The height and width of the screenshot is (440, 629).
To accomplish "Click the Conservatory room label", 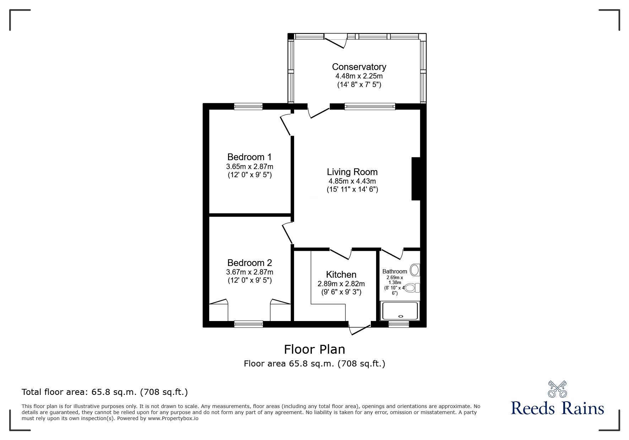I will [359, 67].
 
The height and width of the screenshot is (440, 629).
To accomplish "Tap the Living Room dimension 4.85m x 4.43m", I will [352, 181].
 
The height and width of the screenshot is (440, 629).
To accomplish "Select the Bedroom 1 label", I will [249, 157].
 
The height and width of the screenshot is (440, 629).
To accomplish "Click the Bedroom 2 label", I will [249, 263].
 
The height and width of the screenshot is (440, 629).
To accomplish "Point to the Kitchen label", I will [341, 275].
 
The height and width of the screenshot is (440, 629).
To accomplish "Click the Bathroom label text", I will [394, 271].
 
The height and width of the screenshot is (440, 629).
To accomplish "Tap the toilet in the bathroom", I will [412, 287].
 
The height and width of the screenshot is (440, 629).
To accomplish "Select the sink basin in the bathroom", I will [414, 270].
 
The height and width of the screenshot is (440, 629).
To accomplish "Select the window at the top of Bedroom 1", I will [248, 106].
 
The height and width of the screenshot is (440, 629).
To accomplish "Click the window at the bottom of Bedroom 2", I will [248, 324].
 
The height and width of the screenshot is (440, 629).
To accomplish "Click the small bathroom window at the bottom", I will [398, 324].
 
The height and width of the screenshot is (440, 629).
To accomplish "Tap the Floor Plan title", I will [314, 349].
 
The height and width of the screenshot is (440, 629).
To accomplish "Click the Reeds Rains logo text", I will [557, 408].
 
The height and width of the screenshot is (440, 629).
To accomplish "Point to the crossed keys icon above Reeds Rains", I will [557, 389].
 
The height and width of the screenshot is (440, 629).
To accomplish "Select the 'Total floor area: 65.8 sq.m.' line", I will [105, 392].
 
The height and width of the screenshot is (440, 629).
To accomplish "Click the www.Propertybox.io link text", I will [173, 418].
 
